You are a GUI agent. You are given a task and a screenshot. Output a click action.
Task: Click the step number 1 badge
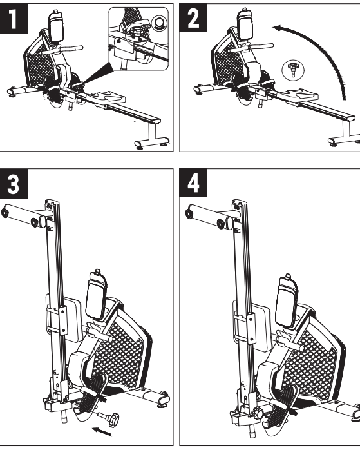point(14,18)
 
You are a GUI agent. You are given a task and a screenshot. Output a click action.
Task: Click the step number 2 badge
point(193,17)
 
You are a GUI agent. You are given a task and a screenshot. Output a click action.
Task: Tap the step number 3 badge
point(14,184)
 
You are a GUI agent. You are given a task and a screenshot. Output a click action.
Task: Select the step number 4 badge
point(193,182)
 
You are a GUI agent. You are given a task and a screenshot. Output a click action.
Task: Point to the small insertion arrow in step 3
point(102,431)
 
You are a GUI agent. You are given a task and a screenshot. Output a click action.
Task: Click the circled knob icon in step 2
point(292,70)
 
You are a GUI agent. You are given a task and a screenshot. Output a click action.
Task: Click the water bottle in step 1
point(56,26)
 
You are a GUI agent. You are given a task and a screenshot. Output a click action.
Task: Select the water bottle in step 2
point(245,24)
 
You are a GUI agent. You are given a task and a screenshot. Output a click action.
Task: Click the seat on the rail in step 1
point(106,97)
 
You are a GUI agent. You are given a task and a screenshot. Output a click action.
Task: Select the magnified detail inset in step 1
point(138,39)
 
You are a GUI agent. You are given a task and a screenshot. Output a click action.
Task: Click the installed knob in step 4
point(258,413)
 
